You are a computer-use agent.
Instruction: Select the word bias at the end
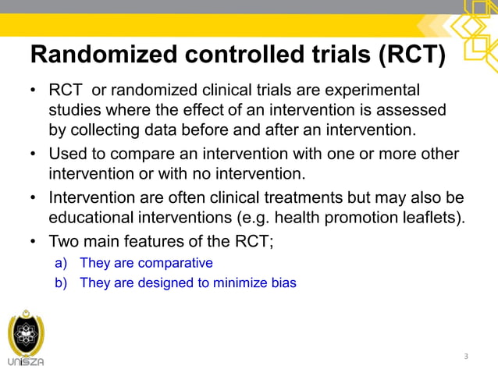pos(283,282)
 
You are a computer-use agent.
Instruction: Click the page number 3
pos(466,357)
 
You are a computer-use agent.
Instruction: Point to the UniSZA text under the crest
pos(26,362)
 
